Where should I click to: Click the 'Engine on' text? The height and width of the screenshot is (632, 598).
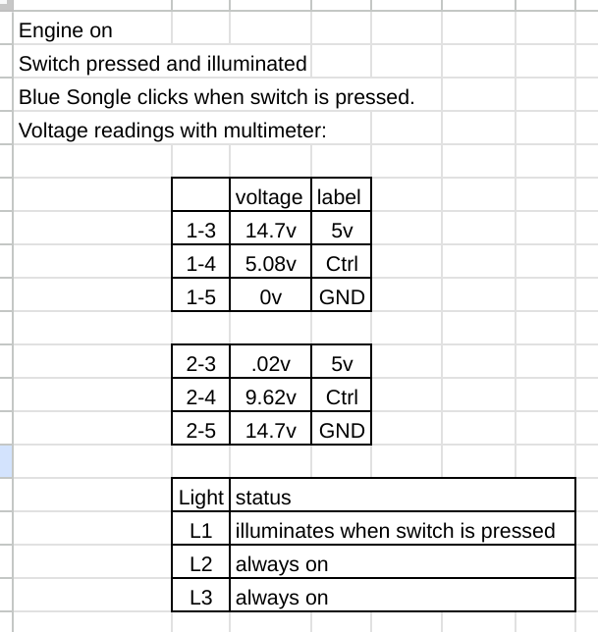(x=66, y=30)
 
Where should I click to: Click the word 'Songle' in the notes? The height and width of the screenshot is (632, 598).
(x=98, y=97)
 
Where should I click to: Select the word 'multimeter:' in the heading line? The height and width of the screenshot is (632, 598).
(x=275, y=131)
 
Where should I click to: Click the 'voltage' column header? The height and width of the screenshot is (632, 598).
(x=269, y=197)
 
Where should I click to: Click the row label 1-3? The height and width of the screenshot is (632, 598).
(x=201, y=231)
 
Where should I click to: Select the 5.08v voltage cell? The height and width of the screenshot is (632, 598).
(x=271, y=264)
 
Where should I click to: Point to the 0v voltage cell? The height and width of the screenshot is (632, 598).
(x=271, y=297)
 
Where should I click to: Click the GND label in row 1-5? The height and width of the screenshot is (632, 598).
(x=342, y=297)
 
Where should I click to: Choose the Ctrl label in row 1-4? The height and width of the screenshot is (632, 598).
(x=342, y=264)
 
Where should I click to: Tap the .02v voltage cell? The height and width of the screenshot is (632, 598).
(x=271, y=364)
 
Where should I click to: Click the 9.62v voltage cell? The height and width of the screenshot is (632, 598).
(x=271, y=397)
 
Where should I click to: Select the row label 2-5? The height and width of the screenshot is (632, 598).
(x=201, y=431)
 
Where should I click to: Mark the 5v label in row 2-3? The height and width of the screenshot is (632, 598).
(x=342, y=364)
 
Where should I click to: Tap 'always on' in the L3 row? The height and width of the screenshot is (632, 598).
(x=282, y=598)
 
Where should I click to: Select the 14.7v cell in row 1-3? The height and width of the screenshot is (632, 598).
(x=271, y=231)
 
